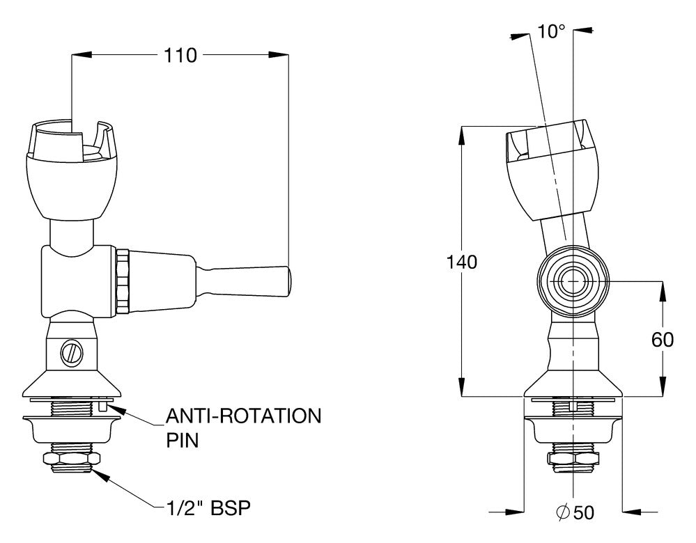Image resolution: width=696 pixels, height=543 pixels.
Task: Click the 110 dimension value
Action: point(180,56)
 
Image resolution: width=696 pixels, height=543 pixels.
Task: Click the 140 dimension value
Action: point(462,262)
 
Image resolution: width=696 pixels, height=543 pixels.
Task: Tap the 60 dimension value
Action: point(663,340)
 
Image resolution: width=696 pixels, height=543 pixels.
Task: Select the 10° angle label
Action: point(551,31)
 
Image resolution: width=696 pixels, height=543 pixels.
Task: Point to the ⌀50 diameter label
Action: point(575,513)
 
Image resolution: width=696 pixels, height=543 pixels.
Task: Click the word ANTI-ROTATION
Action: point(243,416)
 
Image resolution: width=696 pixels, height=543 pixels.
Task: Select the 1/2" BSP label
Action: point(208,508)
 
